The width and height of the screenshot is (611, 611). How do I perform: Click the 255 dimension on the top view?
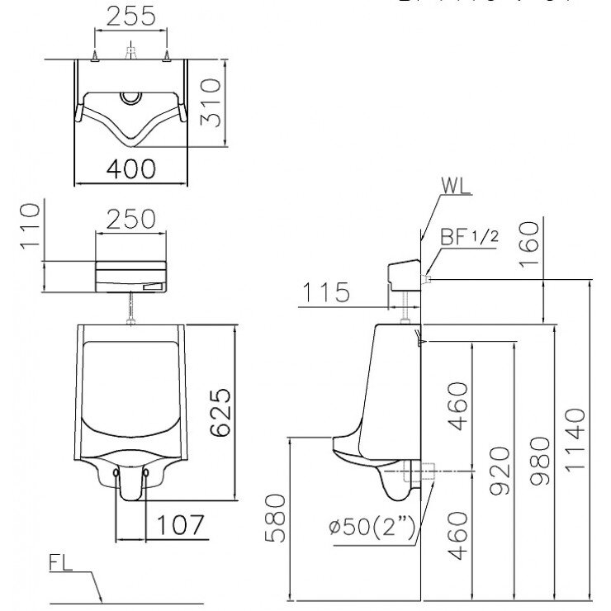131,16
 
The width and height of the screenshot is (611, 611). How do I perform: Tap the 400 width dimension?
131,168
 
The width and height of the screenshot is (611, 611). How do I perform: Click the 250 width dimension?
130,219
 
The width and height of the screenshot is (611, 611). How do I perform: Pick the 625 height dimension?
219,413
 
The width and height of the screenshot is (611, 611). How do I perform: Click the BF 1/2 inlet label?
468,238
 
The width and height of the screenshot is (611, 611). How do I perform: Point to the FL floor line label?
59,566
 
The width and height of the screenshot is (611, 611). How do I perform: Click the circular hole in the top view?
130,97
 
